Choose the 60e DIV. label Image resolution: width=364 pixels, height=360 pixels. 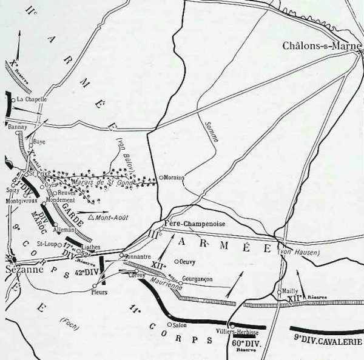pyautogui.click(x=244, y=342)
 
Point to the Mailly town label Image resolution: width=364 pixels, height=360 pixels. pyautogui.click(x=291, y=291)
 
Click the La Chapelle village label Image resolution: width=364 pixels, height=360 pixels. pyautogui.click(x=32, y=99)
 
